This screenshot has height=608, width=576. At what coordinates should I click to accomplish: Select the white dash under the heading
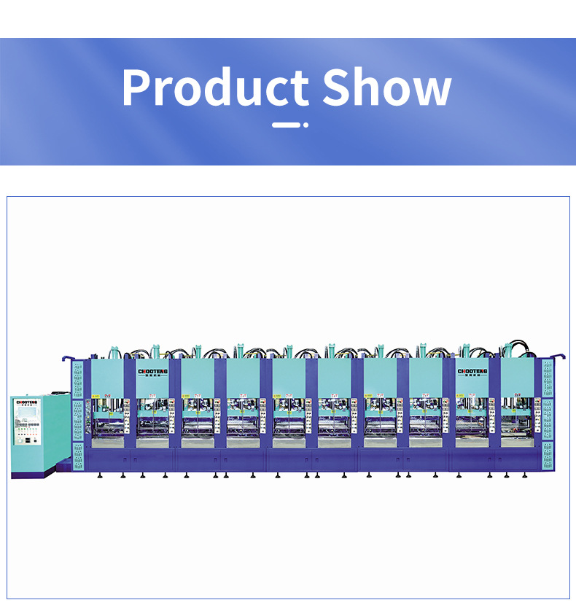(x=286, y=125)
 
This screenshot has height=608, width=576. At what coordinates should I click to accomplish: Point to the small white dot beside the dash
(x=305, y=125)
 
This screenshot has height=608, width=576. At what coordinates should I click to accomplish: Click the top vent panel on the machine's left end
(x=77, y=379)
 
